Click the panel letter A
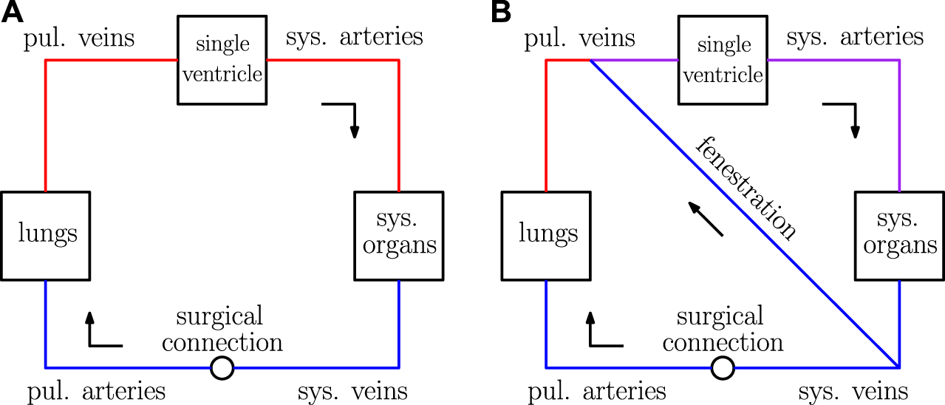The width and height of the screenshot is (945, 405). click(13, 12)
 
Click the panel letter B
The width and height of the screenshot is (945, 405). click(501, 12)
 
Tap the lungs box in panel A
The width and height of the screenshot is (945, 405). click(45, 236)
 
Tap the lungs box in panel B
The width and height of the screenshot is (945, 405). click(546, 236)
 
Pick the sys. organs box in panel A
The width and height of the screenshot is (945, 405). click(399, 236)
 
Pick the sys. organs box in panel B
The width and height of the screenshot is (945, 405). click(900, 236)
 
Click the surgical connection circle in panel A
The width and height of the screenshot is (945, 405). click(222, 367)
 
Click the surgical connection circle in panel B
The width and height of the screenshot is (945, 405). click(723, 367)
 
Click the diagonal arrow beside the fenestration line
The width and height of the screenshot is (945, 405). click(705, 219)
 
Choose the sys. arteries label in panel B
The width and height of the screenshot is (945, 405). click(855, 37)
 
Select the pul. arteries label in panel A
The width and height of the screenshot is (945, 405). click(96, 392)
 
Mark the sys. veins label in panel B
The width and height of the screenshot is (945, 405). click(854, 392)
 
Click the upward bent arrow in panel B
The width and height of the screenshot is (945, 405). click(602, 333)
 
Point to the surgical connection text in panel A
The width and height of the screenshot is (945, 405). click(222, 330)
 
